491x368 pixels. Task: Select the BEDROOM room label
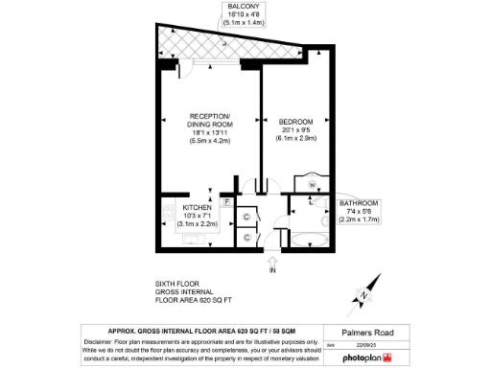click(296, 122)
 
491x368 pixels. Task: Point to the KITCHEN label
click(197, 207)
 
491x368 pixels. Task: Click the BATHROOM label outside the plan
click(359, 203)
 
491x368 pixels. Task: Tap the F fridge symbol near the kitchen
click(226, 203)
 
